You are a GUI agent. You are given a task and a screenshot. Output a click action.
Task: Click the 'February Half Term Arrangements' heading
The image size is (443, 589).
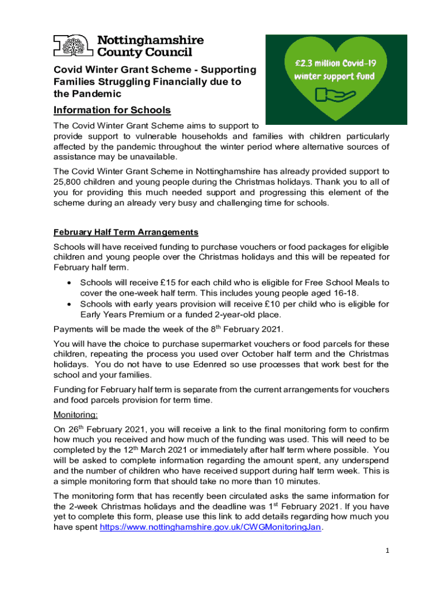pos(125,232)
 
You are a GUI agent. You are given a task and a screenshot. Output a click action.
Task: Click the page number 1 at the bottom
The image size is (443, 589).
pos(388,550)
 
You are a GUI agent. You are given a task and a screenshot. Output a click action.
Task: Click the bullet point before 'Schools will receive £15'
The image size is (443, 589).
pos(69,283)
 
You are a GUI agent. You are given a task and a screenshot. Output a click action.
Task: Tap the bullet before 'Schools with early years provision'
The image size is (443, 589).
pos(69,304)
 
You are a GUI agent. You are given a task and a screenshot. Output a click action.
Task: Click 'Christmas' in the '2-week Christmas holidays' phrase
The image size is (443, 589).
pos(114,506)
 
